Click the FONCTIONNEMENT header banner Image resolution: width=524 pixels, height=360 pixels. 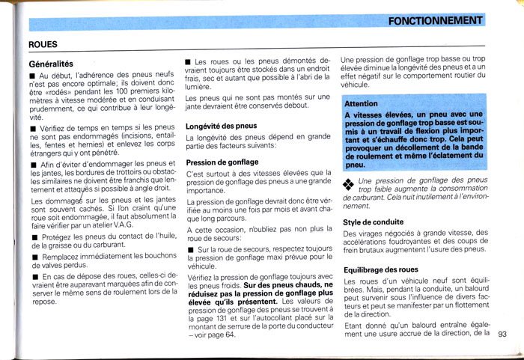[436, 20]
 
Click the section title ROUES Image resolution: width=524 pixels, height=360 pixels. [44, 45]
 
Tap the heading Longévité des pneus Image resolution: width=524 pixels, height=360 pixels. [221, 126]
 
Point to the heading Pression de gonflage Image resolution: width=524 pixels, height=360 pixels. [222, 162]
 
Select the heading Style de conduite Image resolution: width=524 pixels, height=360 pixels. [373, 222]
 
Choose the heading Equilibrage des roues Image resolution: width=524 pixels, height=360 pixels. [382, 269]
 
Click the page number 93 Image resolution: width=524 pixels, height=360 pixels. [502, 334]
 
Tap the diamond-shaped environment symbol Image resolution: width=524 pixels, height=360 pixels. [348, 183]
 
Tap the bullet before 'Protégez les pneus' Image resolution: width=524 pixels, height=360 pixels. [33, 237]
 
